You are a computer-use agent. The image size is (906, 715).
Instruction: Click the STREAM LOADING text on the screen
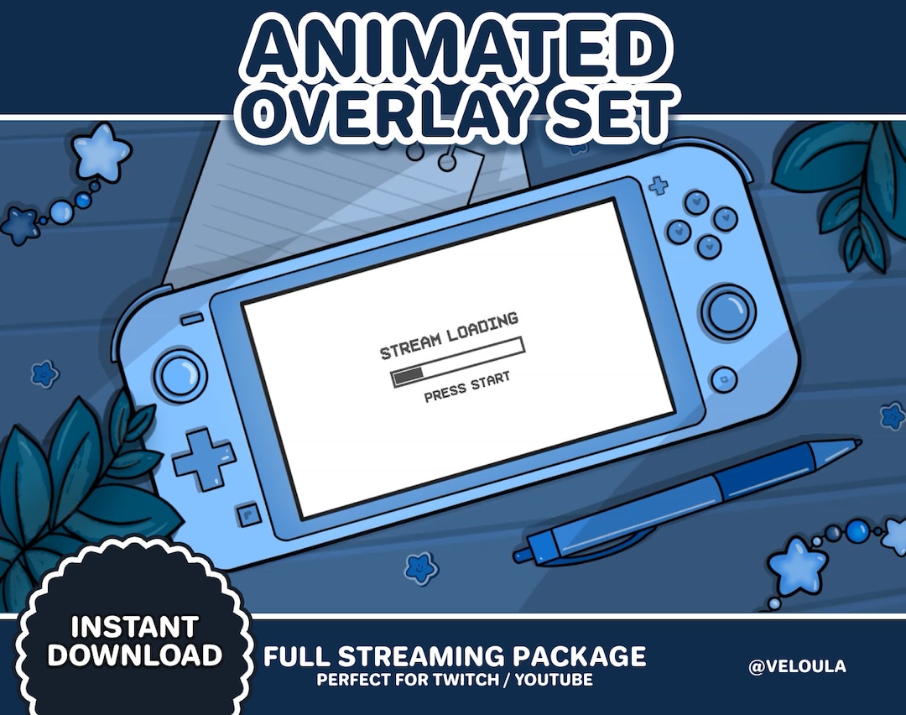(x=449, y=337)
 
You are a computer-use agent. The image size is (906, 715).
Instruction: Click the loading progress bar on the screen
(x=458, y=362)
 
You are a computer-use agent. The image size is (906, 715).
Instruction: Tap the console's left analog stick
(x=177, y=372)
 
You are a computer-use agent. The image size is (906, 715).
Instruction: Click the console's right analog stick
(x=726, y=310)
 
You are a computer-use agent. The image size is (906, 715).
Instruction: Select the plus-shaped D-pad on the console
(x=204, y=457)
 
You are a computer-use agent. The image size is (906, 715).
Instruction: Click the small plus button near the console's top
(x=659, y=185)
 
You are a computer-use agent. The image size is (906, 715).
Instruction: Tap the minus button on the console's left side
(x=191, y=319)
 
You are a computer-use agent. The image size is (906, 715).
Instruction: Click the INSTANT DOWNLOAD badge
(x=134, y=641)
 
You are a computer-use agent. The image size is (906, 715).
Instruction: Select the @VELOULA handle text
(x=797, y=666)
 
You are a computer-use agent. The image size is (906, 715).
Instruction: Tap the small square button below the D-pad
(x=246, y=512)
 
